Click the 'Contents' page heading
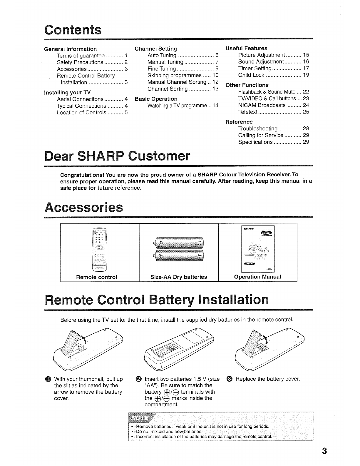point(73,30)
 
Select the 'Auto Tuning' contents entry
point(162,55)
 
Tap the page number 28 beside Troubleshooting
point(306,128)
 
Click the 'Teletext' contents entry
point(248,112)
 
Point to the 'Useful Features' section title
point(246,48)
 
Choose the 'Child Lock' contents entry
point(251,75)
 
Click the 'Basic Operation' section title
point(156,99)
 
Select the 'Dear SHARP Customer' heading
point(117,156)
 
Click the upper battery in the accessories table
point(179,243)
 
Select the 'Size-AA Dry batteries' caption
point(179,277)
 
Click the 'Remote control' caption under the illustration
point(96,277)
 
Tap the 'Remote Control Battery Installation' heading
point(157,300)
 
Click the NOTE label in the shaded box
point(139,418)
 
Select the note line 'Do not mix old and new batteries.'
point(169,432)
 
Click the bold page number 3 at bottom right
point(324,451)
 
